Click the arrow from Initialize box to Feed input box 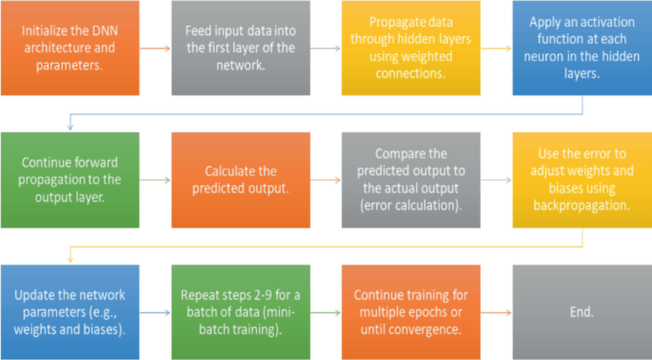157,48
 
